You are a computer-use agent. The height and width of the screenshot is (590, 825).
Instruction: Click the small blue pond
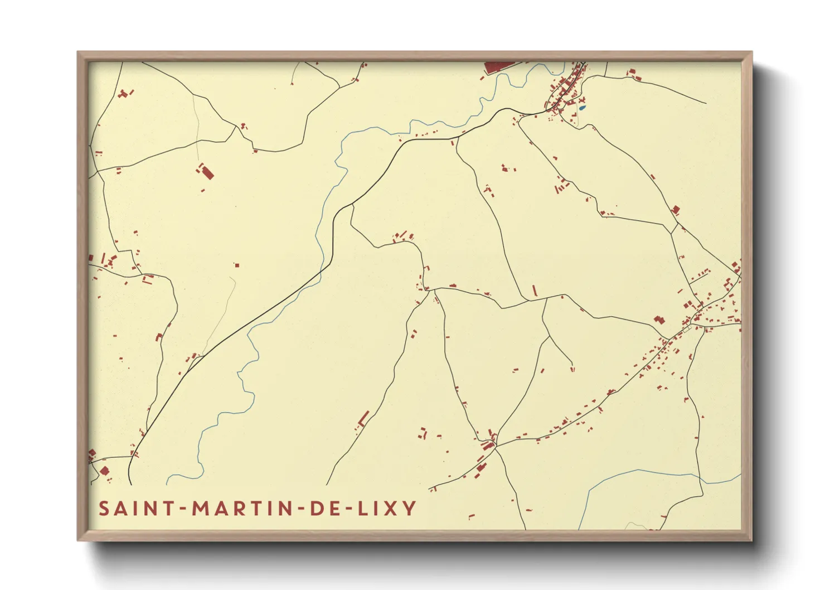point(582,107)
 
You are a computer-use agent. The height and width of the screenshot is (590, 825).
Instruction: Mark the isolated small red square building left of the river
point(237,265)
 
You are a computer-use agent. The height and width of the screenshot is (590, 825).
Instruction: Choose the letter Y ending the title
point(410,509)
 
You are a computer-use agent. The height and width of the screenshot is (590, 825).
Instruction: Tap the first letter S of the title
point(104,509)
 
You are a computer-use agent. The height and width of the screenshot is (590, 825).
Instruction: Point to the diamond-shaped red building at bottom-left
point(104,471)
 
